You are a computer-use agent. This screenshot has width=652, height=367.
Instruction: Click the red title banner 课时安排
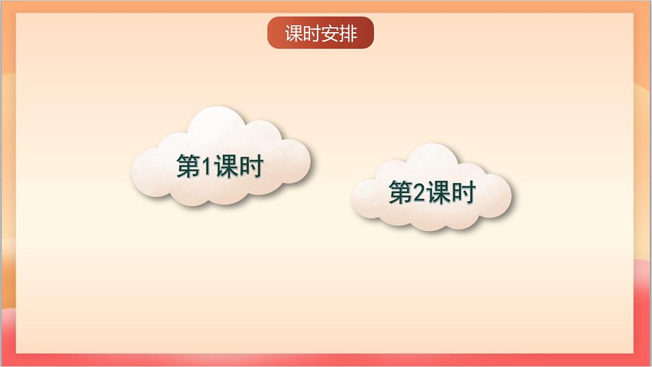tap(321, 33)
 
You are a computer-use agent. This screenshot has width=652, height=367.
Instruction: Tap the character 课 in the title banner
tap(294, 34)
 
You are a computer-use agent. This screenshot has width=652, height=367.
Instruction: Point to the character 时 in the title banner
tap(312, 34)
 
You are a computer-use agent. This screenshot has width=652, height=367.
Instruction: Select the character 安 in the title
tap(330, 34)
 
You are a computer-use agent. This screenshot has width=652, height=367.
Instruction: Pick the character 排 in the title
tap(348, 34)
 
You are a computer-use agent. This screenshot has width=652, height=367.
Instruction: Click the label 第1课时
tap(220, 166)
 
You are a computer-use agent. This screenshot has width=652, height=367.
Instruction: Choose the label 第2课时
tap(432, 192)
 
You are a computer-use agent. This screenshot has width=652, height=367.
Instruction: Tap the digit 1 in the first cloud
tap(207, 166)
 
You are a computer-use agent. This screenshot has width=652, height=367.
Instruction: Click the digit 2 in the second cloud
tap(419, 193)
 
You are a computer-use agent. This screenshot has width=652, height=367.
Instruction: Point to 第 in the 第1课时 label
tap(189, 166)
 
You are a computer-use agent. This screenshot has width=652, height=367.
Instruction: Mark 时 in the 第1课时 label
tap(252, 166)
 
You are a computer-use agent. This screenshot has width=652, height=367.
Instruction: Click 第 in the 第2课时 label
tap(400, 192)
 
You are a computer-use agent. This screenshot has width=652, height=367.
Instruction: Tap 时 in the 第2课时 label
tap(463, 192)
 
